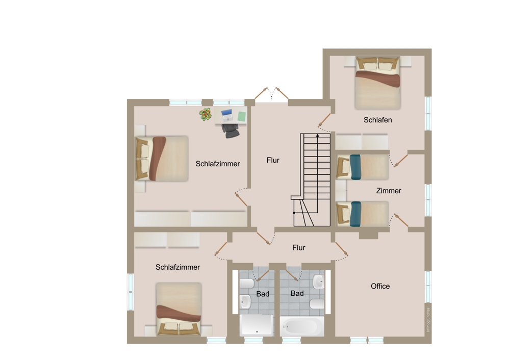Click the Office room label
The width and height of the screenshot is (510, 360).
point(380,286)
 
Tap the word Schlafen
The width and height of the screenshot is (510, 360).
point(377,120)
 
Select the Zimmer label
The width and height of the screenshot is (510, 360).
point(389,191)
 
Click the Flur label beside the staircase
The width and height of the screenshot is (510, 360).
point(273,160)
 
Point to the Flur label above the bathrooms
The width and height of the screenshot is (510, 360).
point(299,247)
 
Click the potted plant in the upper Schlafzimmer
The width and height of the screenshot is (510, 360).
point(206,115)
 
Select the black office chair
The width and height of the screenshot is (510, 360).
point(231,130)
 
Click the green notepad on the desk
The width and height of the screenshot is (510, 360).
point(242,116)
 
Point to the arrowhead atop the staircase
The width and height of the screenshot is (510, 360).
point(318,136)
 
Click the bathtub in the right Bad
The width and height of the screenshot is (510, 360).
point(302,326)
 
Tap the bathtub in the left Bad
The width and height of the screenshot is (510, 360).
point(257,325)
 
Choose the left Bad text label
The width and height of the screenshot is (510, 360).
point(263,294)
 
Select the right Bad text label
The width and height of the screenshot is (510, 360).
point(297,293)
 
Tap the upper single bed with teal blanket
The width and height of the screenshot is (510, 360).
point(363,167)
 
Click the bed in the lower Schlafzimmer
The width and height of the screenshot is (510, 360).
point(178,310)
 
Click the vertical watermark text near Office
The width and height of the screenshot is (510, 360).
point(427,319)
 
